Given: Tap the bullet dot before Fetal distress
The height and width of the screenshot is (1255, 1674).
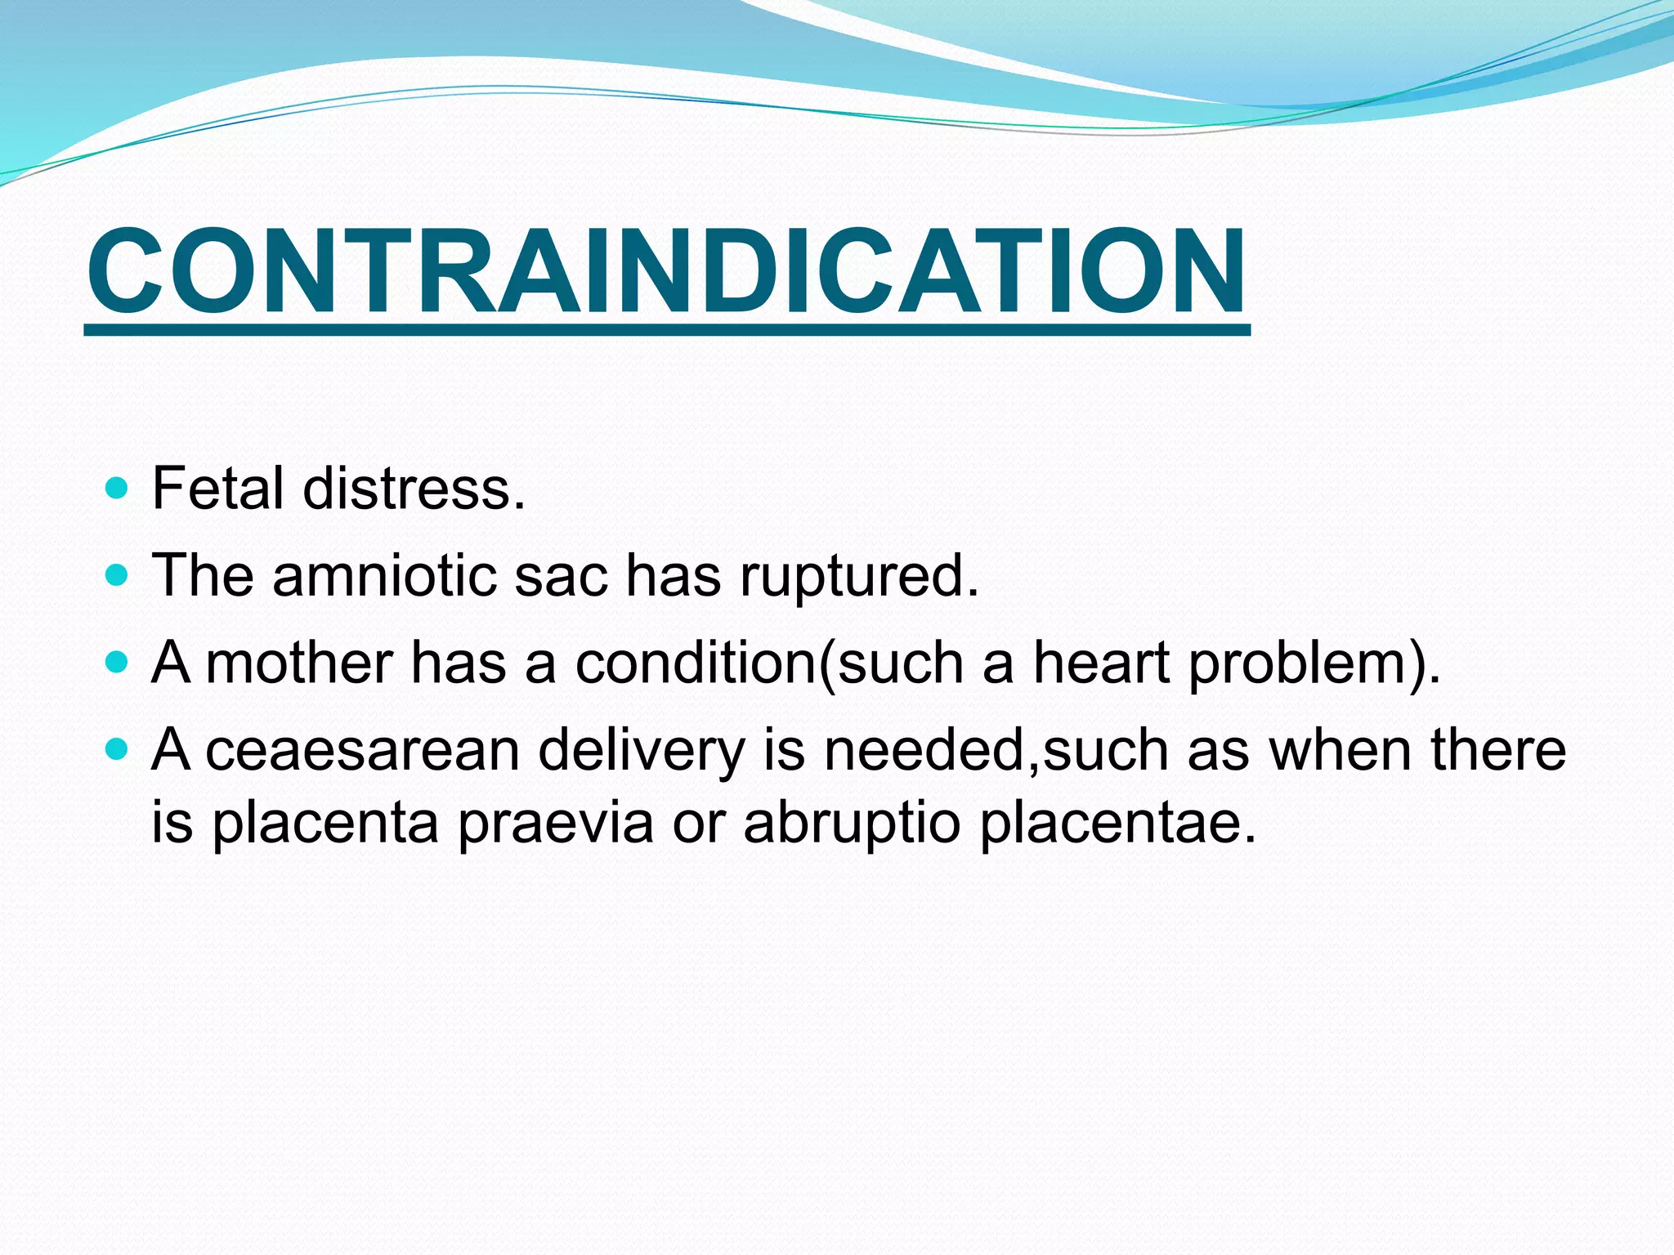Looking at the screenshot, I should click(x=118, y=489).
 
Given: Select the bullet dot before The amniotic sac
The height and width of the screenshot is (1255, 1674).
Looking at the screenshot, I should click(x=118, y=576).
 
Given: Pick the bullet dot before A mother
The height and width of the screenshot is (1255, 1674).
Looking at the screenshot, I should click(x=118, y=661).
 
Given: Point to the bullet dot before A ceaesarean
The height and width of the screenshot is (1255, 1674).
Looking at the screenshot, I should click(x=118, y=748).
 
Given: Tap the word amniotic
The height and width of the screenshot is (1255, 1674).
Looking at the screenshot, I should click(x=384, y=575).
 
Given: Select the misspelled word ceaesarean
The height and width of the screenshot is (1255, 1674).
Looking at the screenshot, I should click(x=362, y=749).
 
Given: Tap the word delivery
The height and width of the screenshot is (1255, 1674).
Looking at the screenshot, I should click(x=642, y=749).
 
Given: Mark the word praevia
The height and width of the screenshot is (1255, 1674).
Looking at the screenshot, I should click(x=555, y=822).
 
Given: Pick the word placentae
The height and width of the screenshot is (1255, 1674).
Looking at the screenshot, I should click(x=1117, y=822).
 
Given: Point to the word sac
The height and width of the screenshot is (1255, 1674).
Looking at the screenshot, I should click(x=561, y=575).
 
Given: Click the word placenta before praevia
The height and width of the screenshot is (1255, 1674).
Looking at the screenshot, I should click(x=325, y=822).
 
